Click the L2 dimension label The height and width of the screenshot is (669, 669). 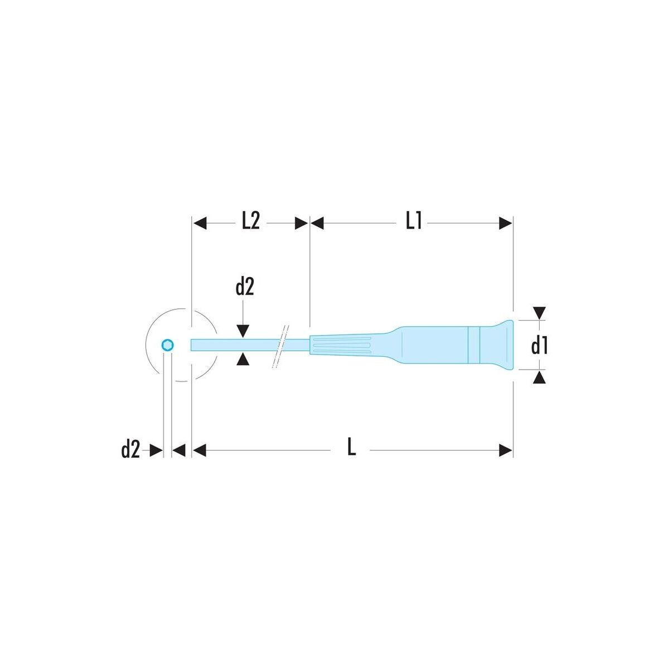point(250,221)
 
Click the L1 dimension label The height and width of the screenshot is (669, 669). point(414,221)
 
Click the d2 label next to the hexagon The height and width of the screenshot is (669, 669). point(130,449)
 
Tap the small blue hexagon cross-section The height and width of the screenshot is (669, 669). point(168,345)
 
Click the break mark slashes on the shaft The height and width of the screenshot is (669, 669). point(280,346)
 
